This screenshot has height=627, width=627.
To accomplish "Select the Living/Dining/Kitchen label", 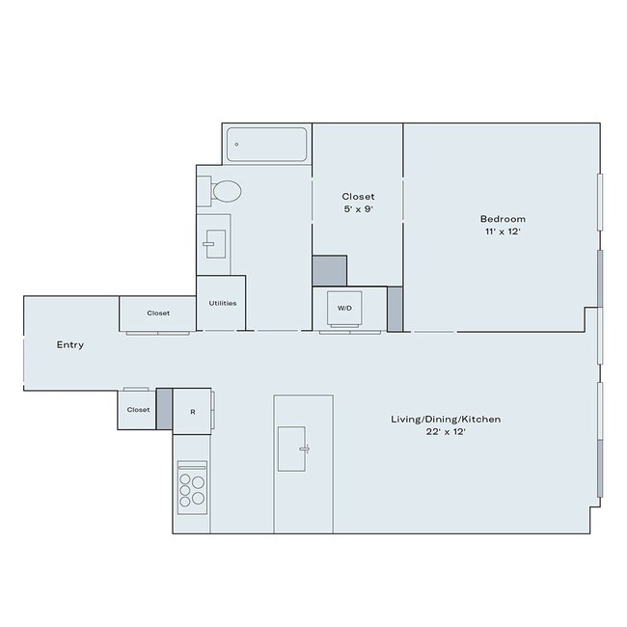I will tap(445, 420).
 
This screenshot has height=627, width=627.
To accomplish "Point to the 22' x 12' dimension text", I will tap(445, 433).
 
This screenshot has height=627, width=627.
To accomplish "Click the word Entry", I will tap(70, 344).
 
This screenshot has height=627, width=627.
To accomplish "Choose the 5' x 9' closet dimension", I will tap(358, 209).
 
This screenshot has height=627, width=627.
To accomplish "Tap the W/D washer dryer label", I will tap(344, 308).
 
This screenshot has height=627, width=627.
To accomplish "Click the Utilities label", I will tap(222, 303).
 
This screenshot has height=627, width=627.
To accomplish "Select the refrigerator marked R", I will tap(193, 411).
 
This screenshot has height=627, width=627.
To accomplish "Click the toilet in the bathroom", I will tap(226, 190).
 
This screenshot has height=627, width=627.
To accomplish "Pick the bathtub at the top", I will tap(267, 146).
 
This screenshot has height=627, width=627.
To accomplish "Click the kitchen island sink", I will tap(294, 448).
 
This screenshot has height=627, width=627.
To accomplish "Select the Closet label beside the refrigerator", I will tap(139, 410).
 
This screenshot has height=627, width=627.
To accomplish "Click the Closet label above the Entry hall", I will tap(158, 313).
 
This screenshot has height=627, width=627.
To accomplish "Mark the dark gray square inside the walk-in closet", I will tap(329, 271).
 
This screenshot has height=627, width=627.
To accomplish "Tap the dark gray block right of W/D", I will tap(395, 308).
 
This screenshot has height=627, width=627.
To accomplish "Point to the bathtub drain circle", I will tap(236, 146).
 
